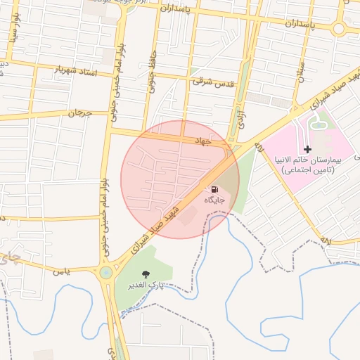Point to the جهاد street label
204,141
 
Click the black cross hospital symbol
307,149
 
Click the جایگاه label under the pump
214,200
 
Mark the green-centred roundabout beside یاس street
105,272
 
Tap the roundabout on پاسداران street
340,29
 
